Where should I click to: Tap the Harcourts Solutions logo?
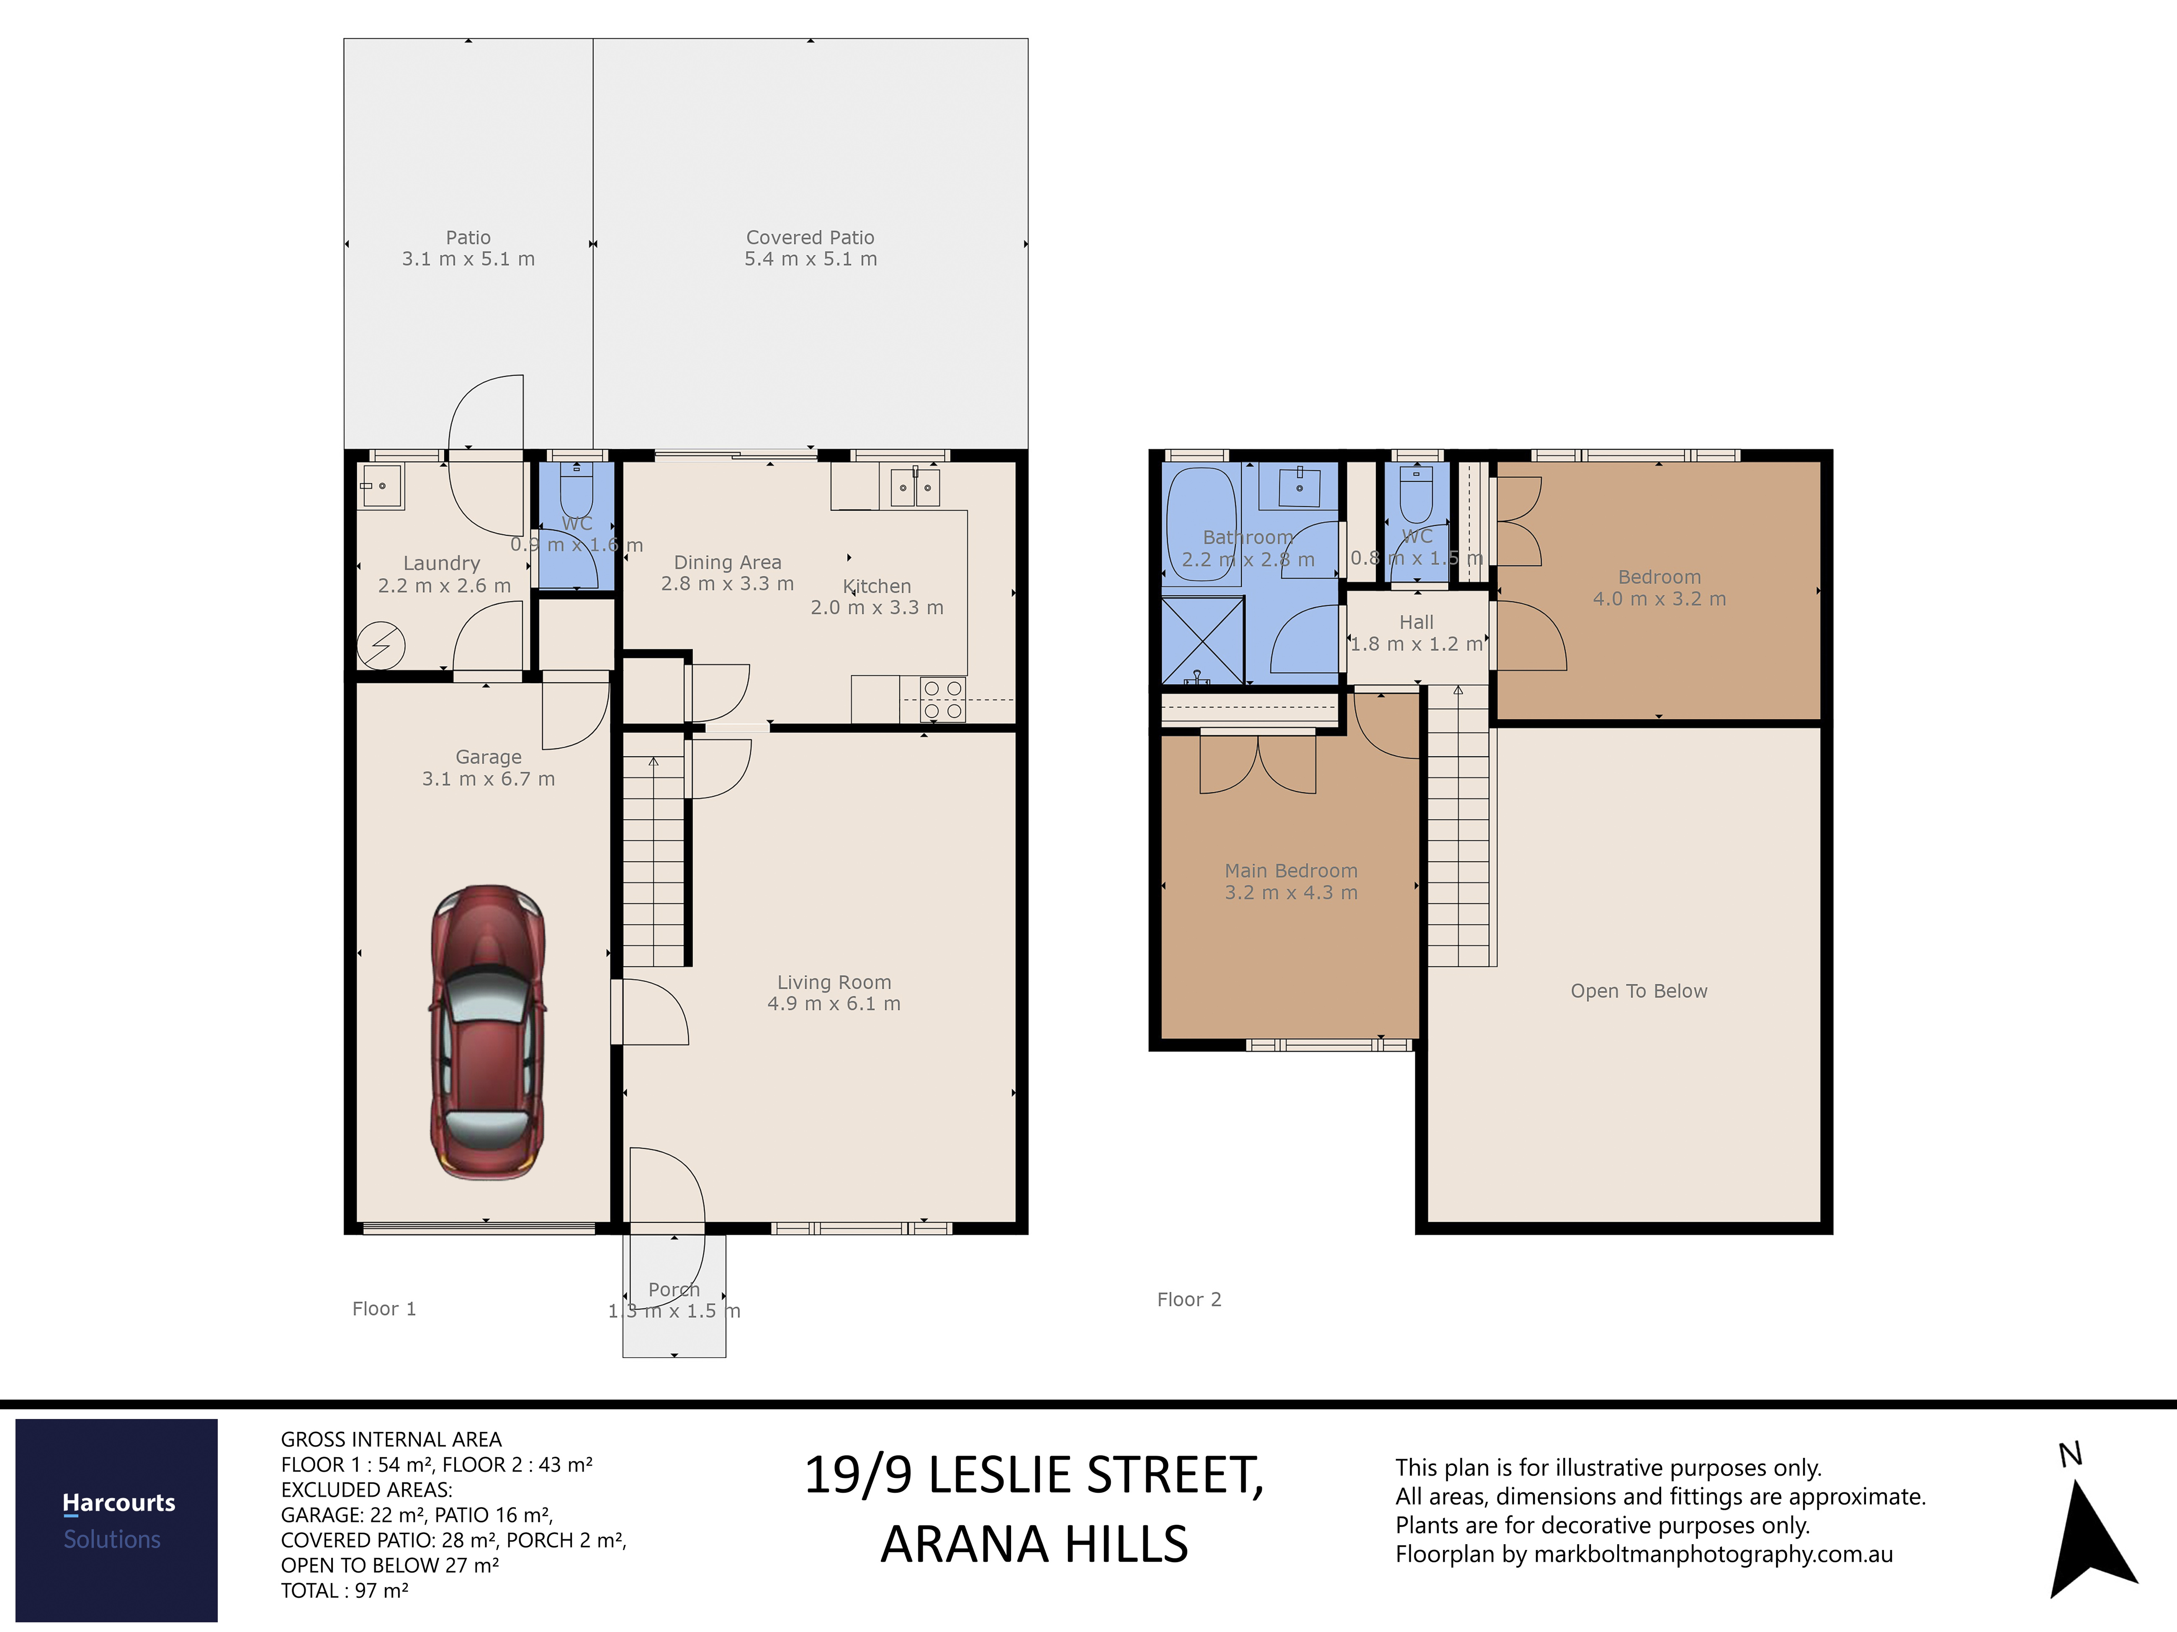coord(116,1520)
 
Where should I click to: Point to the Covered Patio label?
coord(810,237)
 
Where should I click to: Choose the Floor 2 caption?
coord(1189,1299)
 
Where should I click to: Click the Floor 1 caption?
coord(384,1309)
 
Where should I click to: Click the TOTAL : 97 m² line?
coord(345,1591)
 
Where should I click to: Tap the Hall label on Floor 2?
coord(1416,622)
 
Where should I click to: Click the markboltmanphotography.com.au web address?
coord(1714,1554)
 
